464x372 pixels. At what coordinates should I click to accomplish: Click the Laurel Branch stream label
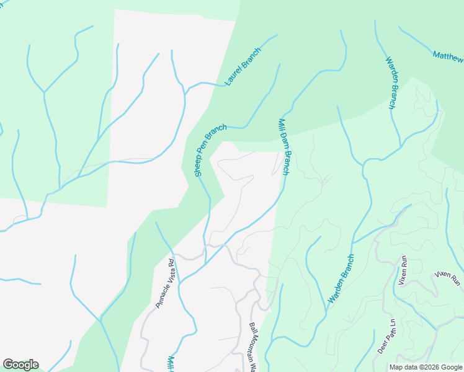click(x=243, y=66)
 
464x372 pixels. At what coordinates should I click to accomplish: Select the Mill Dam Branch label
click(x=284, y=147)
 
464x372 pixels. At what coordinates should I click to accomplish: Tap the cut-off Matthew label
click(x=448, y=56)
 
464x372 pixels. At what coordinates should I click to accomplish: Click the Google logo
click(x=20, y=365)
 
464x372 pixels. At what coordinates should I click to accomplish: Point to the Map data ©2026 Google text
click(x=425, y=367)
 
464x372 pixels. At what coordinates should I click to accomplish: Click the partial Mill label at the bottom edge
click(x=171, y=365)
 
